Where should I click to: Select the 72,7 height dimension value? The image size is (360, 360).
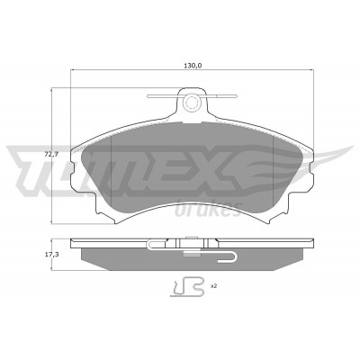tap(51, 155)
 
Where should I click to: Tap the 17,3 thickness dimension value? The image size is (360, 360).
tap(51, 255)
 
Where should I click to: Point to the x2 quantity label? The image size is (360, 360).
tap(213, 286)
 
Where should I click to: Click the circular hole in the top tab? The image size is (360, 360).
tap(191, 103)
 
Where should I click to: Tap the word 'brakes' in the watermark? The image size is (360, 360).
tap(208, 209)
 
